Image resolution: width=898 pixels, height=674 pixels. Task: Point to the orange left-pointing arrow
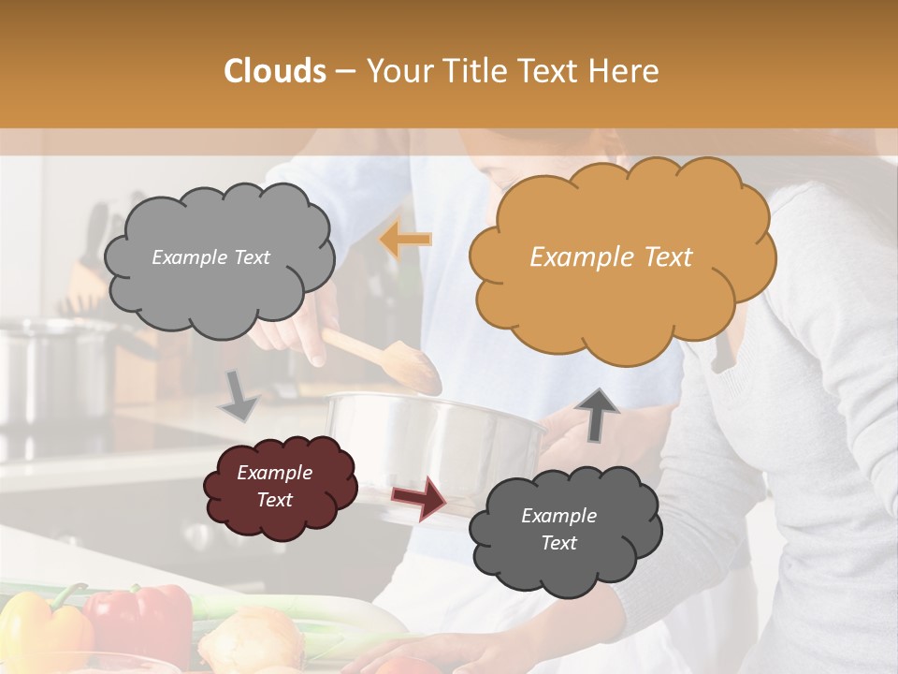click(x=405, y=241)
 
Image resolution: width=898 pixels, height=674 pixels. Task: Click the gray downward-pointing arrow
click(x=239, y=396)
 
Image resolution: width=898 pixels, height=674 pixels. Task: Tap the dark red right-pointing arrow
click(x=418, y=497)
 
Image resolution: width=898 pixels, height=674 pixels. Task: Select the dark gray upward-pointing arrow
click(x=596, y=413)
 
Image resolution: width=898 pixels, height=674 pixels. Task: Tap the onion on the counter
click(x=251, y=641)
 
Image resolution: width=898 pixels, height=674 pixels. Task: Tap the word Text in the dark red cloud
click(x=275, y=500)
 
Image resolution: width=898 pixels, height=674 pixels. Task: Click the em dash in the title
click(x=345, y=71)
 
